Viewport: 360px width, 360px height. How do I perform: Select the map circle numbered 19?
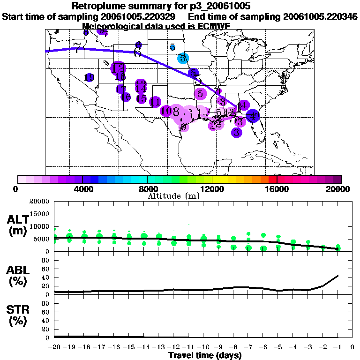pos(89,77)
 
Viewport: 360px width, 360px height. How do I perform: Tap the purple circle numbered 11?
pos(155,102)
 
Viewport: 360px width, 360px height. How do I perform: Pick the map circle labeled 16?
pos(126,97)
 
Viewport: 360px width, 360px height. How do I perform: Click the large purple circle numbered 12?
pos(118,68)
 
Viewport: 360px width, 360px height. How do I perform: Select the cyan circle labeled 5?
pos(183,58)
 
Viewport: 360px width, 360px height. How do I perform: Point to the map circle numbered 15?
pos(141,99)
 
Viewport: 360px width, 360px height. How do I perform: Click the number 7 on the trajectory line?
pos(77,49)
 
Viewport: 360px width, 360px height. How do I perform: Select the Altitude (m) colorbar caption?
pos(173,195)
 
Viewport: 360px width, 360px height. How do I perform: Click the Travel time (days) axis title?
pos(205,355)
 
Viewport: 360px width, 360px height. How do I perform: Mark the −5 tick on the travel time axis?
pos(278,347)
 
